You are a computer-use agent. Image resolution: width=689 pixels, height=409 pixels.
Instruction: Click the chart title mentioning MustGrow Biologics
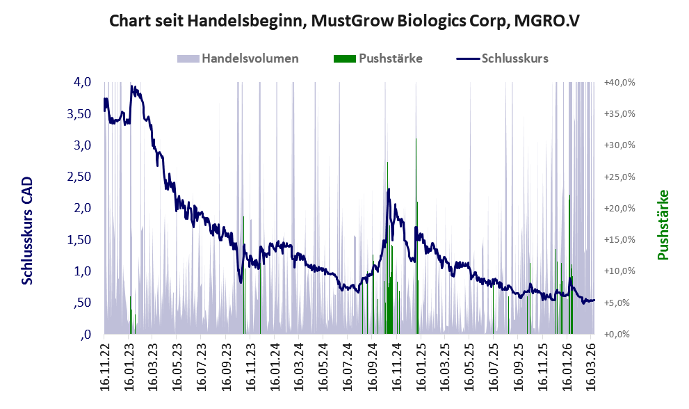coord(345,21)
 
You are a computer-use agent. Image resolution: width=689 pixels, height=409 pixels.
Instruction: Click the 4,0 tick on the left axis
coord(82,82)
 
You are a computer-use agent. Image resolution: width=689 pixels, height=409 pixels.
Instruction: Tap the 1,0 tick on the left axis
coord(82,271)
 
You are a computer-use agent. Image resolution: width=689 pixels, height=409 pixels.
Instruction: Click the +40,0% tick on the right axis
coord(620,82)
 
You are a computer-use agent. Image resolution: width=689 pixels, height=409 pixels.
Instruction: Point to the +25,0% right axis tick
coord(620,177)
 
